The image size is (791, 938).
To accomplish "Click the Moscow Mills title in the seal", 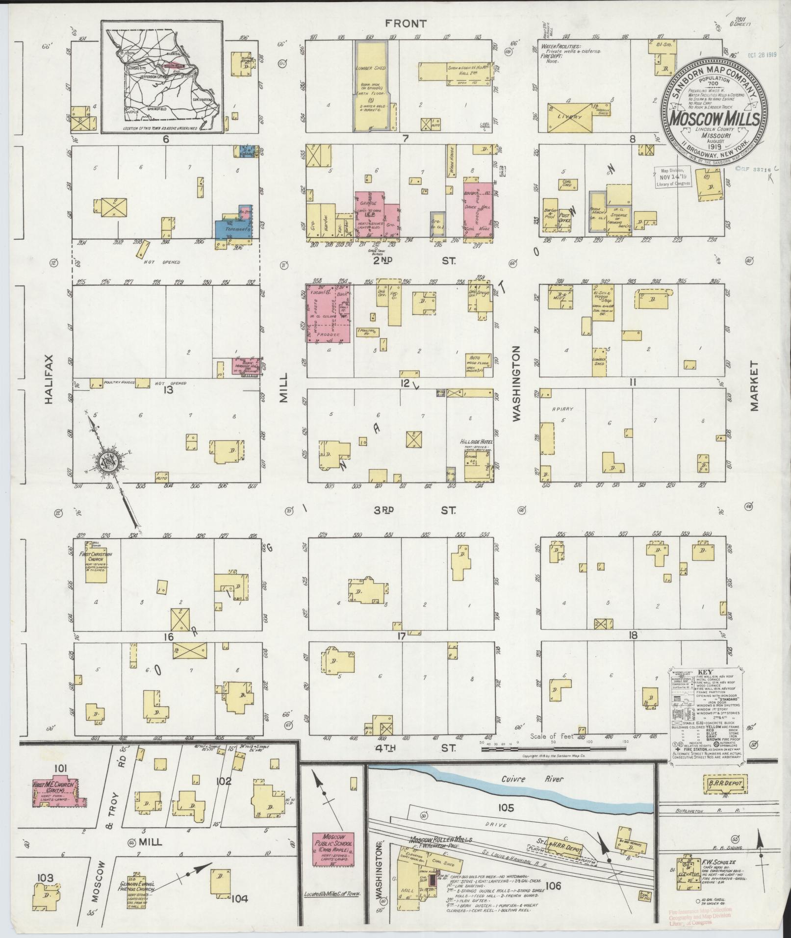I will (x=715, y=119).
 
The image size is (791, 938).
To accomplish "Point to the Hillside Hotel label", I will (x=475, y=442).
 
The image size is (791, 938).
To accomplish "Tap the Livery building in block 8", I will (x=570, y=117).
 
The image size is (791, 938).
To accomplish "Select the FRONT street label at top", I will (x=406, y=23).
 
